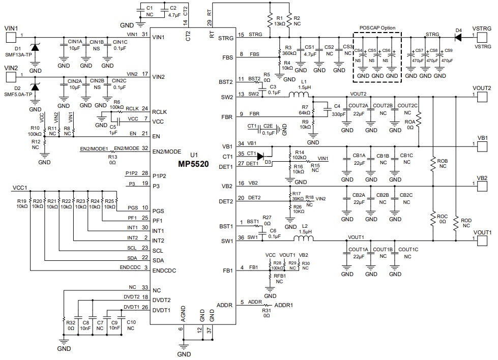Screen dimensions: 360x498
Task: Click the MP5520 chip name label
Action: tap(193, 164)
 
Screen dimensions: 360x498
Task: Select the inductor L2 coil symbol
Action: tap(305, 238)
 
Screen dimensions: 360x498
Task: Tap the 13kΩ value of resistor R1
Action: tap(279, 24)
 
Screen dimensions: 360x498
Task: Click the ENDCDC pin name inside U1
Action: tap(164, 271)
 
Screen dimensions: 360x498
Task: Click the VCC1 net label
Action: tap(19, 188)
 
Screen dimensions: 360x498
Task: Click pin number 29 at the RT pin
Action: tap(209, 23)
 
